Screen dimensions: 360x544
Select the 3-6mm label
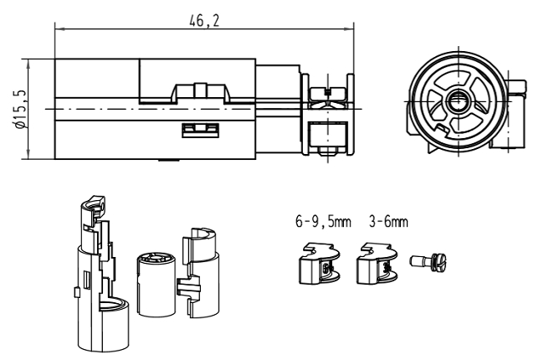pos(387,224)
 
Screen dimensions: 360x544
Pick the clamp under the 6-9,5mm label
pos(317,263)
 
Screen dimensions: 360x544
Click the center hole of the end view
pos(457,102)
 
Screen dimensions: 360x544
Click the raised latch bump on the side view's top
pos(200,90)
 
